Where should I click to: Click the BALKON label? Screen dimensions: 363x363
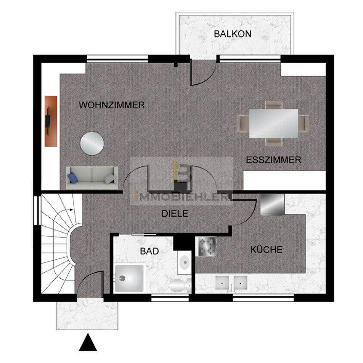[233, 34]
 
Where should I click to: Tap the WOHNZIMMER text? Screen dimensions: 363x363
[112, 105]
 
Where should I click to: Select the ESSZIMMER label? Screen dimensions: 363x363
[273, 160]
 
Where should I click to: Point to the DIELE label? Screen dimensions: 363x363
[175, 214]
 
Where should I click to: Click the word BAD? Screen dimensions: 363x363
[149, 251]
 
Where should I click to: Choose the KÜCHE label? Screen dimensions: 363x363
[267, 249]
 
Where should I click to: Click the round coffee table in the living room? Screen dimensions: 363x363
[92, 143]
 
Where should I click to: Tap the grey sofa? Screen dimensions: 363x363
[92, 178]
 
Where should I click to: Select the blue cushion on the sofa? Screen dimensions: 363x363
[72, 178]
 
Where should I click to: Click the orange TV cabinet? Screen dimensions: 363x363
[51, 121]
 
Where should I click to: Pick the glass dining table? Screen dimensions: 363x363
[274, 124]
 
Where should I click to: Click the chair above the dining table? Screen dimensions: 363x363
[274, 105]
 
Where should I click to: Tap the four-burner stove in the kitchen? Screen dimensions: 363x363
[206, 247]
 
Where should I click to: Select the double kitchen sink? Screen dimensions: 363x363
[231, 283]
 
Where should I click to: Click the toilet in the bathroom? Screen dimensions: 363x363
[180, 286]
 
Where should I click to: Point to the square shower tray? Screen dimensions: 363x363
[129, 278]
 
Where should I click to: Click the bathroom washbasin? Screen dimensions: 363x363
[185, 262]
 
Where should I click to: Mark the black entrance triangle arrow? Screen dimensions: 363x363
[88, 342]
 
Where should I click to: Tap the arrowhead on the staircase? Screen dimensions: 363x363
[72, 210]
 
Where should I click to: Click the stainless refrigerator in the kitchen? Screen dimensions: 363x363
[272, 205]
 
